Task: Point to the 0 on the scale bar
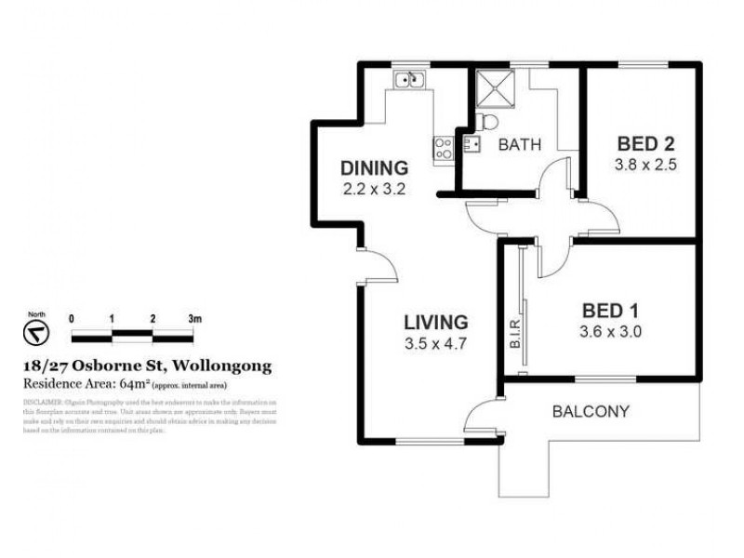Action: (72, 318)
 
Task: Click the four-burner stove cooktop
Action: (443, 146)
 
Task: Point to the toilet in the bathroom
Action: (487, 122)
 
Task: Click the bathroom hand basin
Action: (471, 143)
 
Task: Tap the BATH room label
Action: (519, 145)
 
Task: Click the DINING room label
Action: (374, 168)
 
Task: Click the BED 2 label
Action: (645, 144)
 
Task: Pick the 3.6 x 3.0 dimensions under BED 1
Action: (613, 329)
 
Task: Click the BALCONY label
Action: (591, 411)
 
